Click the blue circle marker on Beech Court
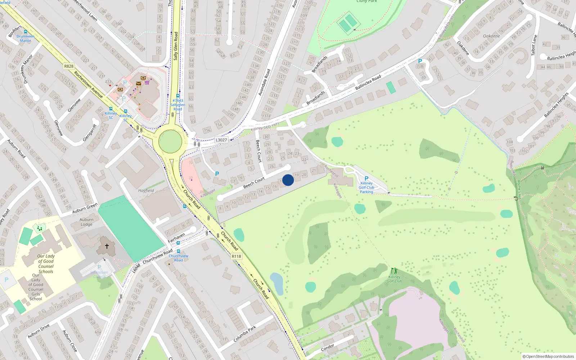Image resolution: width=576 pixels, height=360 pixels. click(288, 180)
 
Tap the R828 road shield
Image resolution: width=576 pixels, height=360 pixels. click(69, 66)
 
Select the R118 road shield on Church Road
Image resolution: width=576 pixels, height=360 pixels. click(237, 256)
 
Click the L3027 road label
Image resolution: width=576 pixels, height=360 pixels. click(221, 140)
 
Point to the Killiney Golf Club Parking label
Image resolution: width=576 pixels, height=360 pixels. click(366, 187)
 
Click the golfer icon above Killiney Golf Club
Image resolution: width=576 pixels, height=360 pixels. click(394, 271)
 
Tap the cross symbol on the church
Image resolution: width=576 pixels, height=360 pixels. click(107, 246)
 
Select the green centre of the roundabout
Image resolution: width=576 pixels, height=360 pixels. click(170, 141)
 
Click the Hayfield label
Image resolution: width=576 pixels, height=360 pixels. click(146, 190)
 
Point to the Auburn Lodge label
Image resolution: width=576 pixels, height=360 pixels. click(86, 222)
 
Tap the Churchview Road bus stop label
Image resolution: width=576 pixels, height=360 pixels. click(179, 258)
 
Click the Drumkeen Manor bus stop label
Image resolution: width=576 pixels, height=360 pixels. click(25, 38)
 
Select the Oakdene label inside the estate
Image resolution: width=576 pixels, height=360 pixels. click(491, 36)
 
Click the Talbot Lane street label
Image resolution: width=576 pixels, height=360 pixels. click(534, 45)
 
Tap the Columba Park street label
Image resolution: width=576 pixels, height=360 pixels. click(245, 334)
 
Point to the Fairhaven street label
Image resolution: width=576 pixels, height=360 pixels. click(176, 238)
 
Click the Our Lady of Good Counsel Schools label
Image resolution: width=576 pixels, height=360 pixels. click(46, 264)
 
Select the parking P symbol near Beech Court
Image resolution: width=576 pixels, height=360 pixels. click(217, 174)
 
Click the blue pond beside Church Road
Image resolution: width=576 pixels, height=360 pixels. click(277, 284)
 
